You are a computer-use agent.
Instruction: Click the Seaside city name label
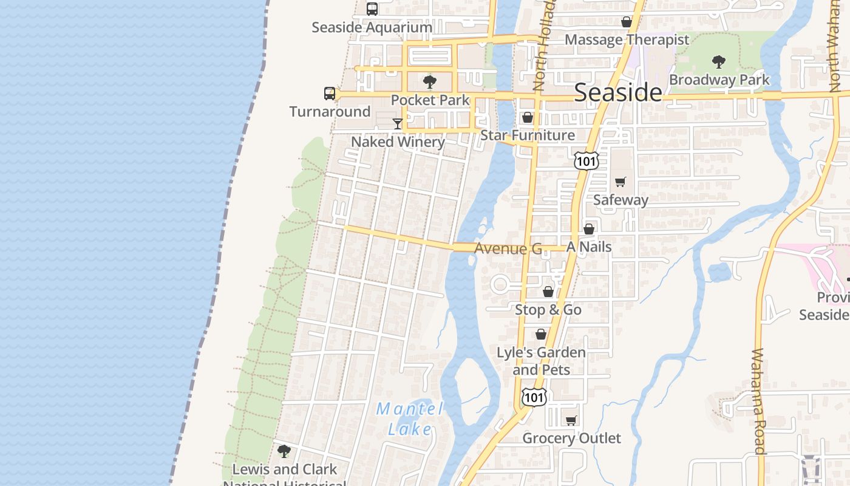(617, 92)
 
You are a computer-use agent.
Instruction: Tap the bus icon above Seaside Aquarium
(372, 9)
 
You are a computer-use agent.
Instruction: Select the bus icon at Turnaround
(330, 94)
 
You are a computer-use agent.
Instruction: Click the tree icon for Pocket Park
(430, 81)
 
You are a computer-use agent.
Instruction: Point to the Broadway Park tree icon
(719, 61)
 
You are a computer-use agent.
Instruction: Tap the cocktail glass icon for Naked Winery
(398, 124)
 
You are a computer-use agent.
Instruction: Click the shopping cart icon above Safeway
(620, 182)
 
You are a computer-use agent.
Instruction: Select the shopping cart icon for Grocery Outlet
(571, 420)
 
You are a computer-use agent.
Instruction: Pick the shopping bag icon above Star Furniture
(528, 117)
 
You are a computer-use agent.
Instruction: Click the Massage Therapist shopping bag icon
(627, 22)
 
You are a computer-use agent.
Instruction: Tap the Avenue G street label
(508, 248)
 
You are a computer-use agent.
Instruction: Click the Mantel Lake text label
(410, 419)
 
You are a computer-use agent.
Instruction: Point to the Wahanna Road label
(758, 401)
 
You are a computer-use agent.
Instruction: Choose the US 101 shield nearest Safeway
(586, 161)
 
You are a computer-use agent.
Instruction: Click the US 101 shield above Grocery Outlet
(534, 397)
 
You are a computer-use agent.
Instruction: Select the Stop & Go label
(548, 310)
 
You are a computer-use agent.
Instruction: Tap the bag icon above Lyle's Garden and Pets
(541, 335)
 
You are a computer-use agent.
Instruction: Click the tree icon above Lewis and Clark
(284, 451)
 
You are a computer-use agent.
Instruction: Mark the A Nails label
(589, 247)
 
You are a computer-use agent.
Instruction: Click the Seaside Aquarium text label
(372, 27)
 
